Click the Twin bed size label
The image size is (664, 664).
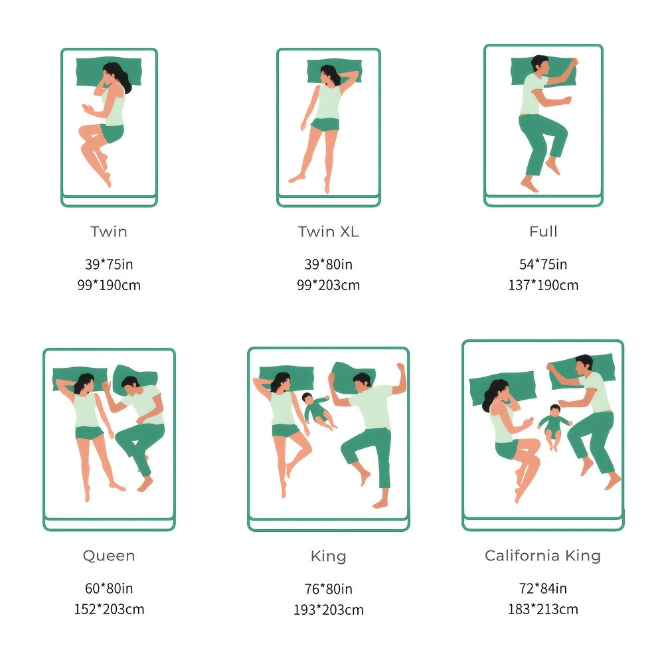[x=109, y=232]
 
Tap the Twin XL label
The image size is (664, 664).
[x=329, y=232]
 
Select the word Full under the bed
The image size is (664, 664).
[x=543, y=232]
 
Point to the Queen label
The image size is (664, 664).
[x=109, y=556]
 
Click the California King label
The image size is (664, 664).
[x=543, y=556]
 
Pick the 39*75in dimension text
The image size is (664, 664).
[x=109, y=264]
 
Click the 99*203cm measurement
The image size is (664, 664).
[x=329, y=285]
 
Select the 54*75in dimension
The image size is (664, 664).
[x=543, y=264]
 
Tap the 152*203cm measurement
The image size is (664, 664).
[x=109, y=609]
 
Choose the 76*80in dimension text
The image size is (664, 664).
[x=329, y=588]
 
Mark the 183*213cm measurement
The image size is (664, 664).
[x=543, y=609]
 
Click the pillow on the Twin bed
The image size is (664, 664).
[x=109, y=72]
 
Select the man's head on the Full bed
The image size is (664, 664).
[x=540, y=65]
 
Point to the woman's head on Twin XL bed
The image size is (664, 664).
[x=330, y=75]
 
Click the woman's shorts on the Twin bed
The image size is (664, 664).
[x=112, y=133]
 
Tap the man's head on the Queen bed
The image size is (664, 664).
[x=130, y=384]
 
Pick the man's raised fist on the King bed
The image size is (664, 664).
[x=400, y=367]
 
